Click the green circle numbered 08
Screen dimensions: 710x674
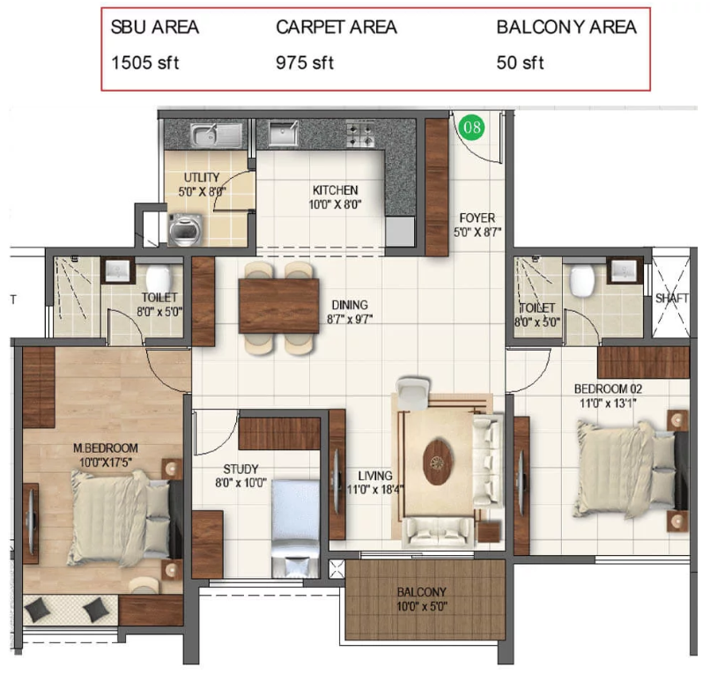(x=472, y=126)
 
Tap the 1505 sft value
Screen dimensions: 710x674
(x=144, y=63)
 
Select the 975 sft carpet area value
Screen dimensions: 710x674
(x=305, y=63)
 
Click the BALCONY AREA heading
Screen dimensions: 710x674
(x=566, y=27)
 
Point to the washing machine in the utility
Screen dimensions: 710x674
(x=185, y=229)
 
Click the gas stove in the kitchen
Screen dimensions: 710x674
(x=361, y=135)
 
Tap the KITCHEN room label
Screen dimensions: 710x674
(x=335, y=190)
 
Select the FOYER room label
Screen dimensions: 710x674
(x=477, y=218)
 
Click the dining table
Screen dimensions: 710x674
(x=279, y=306)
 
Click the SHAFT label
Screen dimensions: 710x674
(x=672, y=299)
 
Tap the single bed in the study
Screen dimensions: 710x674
(x=296, y=528)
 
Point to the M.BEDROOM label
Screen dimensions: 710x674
(x=106, y=448)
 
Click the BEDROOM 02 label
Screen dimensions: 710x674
(x=608, y=389)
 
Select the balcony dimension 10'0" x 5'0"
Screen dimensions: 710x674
(x=422, y=606)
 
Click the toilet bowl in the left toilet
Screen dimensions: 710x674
(x=158, y=278)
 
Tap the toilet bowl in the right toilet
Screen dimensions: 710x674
(x=583, y=280)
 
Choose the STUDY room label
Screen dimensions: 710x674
(x=240, y=469)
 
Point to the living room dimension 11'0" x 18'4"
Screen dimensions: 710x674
(x=375, y=490)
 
